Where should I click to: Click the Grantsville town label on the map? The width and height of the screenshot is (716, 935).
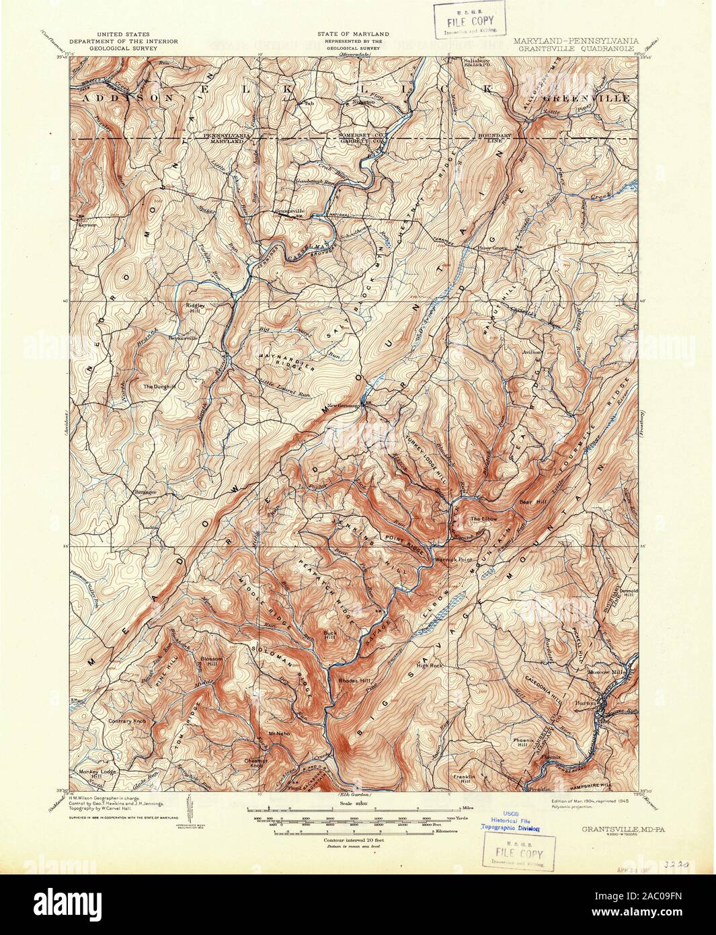click(286, 209)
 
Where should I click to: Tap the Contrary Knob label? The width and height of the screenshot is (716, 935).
click(127, 721)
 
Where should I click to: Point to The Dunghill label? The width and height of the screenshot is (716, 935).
click(158, 387)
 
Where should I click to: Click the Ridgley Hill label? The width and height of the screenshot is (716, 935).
click(195, 308)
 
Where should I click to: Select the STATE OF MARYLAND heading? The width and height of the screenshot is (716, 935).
click(354, 33)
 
